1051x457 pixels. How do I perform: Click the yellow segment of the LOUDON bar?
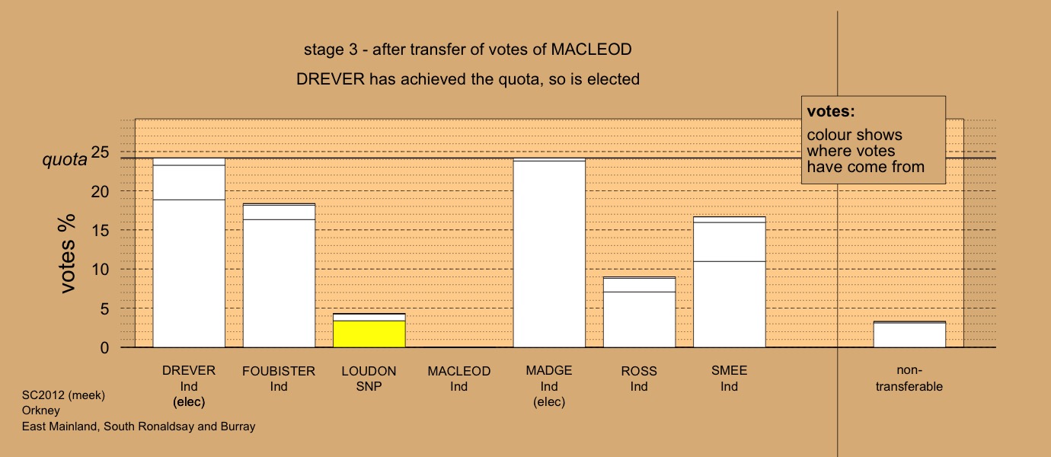tap(369, 334)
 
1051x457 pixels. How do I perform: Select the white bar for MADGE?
tap(549, 253)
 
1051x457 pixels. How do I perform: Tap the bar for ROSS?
tap(640, 312)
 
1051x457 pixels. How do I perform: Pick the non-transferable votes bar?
tap(909, 334)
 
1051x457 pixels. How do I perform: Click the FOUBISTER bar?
tap(280, 276)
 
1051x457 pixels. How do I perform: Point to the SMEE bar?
tap(730, 282)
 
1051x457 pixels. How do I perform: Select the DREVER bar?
tap(189, 253)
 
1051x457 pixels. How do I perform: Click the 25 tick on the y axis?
tap(100, 152)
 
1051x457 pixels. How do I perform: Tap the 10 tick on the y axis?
tap(100, 270)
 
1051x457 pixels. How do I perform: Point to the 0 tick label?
tap(104, 347)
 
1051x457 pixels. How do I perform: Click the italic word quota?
tap(65, 160)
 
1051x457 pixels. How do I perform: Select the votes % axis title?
tap(67, 254)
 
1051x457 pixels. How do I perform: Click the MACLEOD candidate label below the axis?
tap(459, 371)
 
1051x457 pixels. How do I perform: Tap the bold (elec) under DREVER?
tap(189, 402)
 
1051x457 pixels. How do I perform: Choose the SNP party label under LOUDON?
tap(369, 387)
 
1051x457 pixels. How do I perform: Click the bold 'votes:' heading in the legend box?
tap(831, 111)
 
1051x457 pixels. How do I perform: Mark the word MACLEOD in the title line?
tap(591, 50)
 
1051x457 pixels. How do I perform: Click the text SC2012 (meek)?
tap(63, 395)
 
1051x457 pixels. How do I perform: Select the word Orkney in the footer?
tap(41, 411)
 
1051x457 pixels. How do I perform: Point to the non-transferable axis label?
tap(909, 379)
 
